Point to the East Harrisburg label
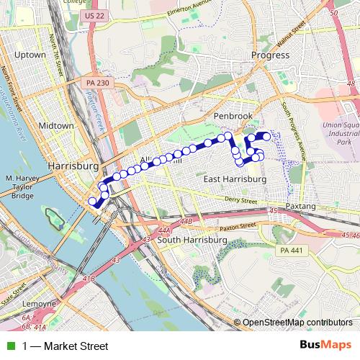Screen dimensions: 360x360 click(235, 179)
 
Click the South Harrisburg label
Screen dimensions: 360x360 click(187, 240)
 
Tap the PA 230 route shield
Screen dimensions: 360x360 click(97, 84)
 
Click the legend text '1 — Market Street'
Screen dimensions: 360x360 click(65, 346)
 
